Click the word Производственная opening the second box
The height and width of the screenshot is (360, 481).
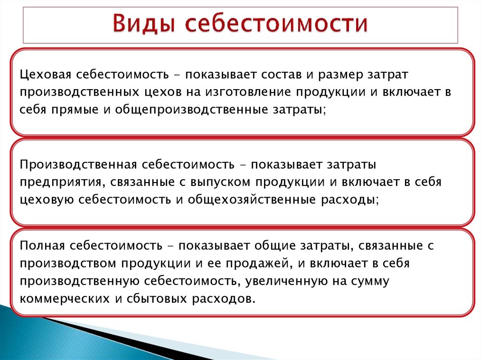tap(78, 165)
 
